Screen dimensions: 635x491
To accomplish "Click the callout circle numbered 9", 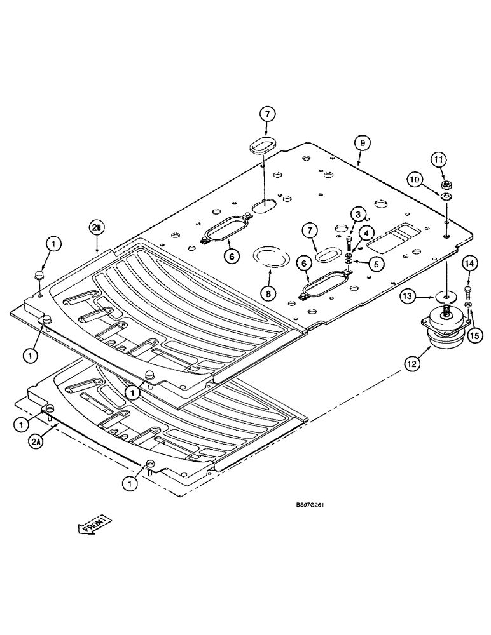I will pyautogui.click(x=361, y=143).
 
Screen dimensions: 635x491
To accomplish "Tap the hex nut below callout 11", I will pyautogui.click(x=446, y=186).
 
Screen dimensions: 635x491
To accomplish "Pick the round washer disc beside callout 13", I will pyautogui.click(x=446, y=297).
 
